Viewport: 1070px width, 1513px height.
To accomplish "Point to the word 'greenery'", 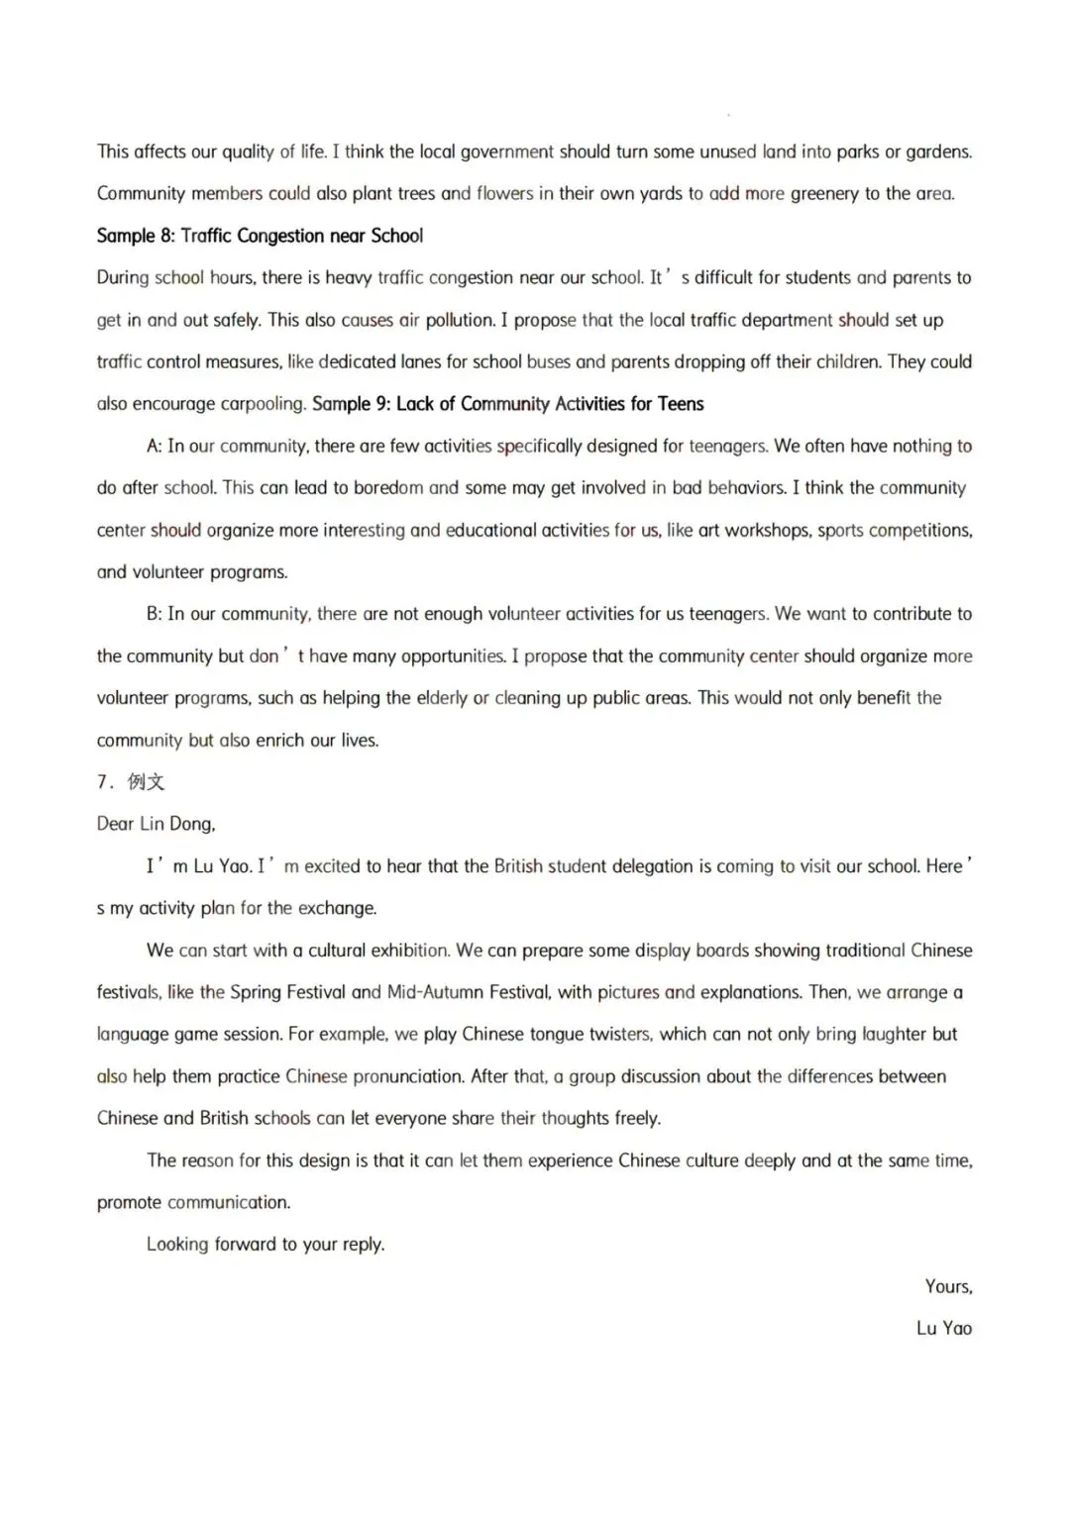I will [x=825, y=194].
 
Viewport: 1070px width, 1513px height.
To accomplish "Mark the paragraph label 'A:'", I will [x=155, y=447].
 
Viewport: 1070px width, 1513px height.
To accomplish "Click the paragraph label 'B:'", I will [x=155, y=614].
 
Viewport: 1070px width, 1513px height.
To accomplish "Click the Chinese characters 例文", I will [x=147, y=782].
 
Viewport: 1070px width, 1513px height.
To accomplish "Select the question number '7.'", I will [x=105, y=782].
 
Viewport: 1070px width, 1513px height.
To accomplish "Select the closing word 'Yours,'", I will [x=948, y=1286].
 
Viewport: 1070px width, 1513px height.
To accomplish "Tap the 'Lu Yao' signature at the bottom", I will [x=943, y=1329].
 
